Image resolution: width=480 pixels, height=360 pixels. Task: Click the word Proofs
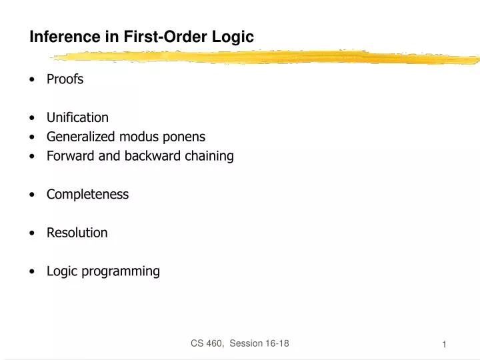point(65,79)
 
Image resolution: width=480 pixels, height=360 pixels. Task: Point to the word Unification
point(77,118)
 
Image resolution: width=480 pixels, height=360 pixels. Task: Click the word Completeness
point(87,195)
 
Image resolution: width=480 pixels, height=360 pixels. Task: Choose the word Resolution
point(77,233)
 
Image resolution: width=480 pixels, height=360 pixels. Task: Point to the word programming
point(122,271)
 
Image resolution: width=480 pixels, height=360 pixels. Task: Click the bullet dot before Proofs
point(33,80)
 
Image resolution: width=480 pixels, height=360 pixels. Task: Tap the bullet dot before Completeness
point(33,195)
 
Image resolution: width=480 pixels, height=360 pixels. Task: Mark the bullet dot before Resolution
point(33,233)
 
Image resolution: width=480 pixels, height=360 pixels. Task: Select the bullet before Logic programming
point(33,272)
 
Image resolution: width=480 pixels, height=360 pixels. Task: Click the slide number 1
point(443,344)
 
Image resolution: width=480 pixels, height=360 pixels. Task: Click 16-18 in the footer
point(275,343)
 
